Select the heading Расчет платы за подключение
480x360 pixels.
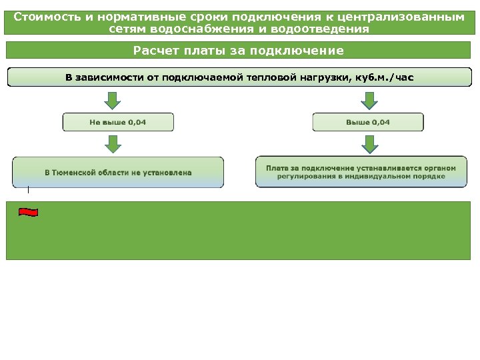239,51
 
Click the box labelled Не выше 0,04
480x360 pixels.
118,122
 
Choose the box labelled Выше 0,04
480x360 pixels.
368,122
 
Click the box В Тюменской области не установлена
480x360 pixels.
118,172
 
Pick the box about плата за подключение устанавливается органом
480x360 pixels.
361,172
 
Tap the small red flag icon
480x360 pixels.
28,212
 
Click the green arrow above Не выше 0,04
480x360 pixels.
113,100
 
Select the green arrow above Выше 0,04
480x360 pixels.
369,100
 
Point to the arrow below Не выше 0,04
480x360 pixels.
113,143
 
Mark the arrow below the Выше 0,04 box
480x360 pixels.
369,143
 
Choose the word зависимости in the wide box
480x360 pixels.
106,77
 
